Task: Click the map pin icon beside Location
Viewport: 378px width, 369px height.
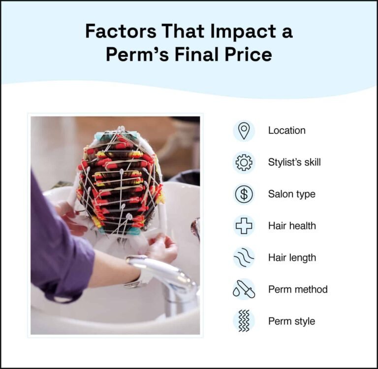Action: (x=244, y=131)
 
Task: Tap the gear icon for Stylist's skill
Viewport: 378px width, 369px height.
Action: (x=244, y=162)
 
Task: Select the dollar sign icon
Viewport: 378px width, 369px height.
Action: (x=244, y=194)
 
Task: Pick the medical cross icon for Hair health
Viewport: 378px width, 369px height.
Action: (x=244, y=226)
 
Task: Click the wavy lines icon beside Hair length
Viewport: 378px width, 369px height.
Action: (x=244, y=258)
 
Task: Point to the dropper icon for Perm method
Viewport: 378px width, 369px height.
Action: (x=244, y=290)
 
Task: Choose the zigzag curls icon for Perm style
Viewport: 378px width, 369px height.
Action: (x=244, y=321)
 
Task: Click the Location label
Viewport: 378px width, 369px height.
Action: (x=286, y=131)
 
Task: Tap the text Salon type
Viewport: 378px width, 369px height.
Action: (x=292, y=194)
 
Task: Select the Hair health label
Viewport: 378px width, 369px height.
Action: (x=292, y=226)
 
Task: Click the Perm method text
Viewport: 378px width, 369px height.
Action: (x=298, y=290)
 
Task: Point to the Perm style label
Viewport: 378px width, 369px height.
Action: (x=291, y=321)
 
